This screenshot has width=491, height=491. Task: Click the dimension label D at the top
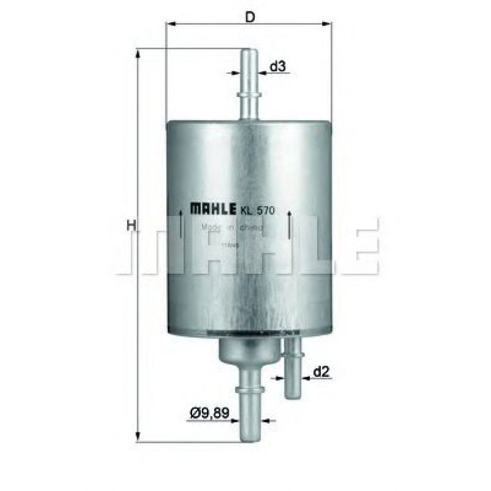[249, 17]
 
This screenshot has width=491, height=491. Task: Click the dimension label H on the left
[130, 226]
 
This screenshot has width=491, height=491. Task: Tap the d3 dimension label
[278, 66]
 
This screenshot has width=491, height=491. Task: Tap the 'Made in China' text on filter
[232, 228]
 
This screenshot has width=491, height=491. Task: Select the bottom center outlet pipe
[248, 409]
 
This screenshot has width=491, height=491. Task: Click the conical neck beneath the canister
[248, 350]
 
